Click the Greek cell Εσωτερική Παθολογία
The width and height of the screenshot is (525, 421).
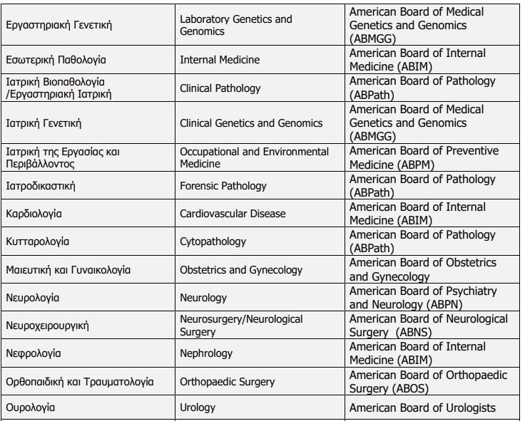56,60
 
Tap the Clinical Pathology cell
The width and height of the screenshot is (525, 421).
220,88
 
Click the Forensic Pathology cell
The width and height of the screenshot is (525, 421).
223,186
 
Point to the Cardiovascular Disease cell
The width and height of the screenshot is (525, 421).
233,214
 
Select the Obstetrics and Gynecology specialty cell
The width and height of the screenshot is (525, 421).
241,270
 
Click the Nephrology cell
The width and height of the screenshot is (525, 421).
206,353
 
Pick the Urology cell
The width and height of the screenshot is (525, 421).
197,408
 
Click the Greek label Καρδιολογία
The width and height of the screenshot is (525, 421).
34,214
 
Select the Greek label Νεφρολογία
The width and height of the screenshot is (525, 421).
33,353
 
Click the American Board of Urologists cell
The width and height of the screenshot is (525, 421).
422,408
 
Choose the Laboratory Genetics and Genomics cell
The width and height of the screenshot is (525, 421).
236,25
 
